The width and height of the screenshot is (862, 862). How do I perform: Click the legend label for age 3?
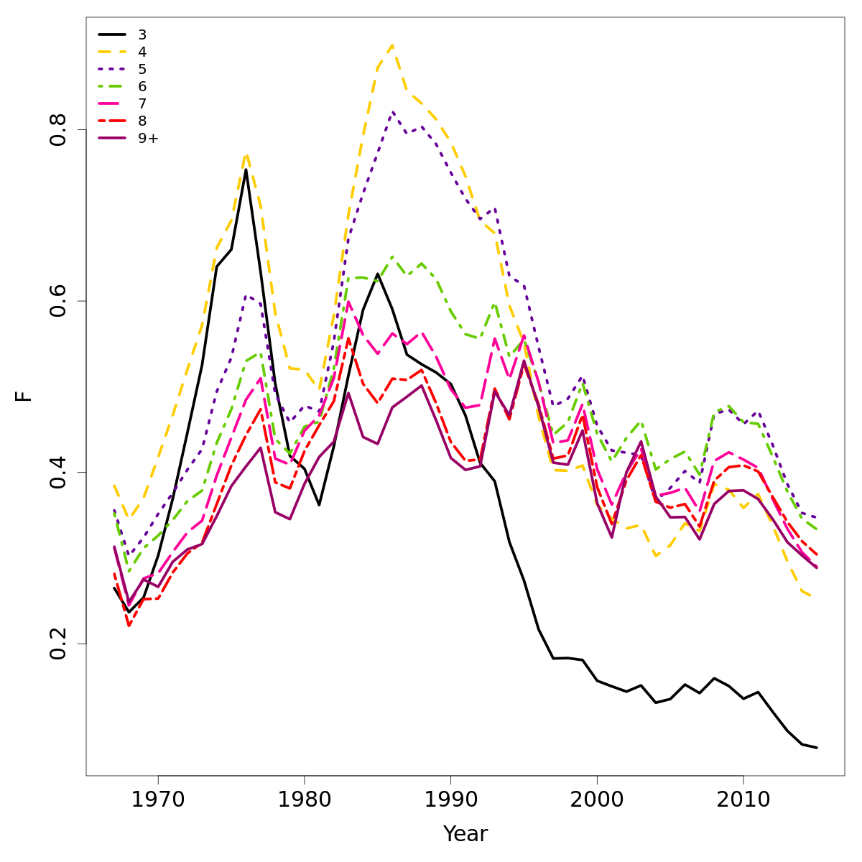(x=142, y=34)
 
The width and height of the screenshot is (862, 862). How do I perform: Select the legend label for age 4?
(x=142, y=52)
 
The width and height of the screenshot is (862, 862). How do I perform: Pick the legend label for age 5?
(x=142, y=69)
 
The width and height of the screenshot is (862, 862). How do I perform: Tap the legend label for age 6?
(x=142, y=86)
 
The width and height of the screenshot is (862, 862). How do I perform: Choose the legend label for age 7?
(x=142, y=103)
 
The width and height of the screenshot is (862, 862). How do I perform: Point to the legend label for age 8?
(x=142, y=121)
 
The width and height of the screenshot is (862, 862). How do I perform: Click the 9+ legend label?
(x=148, y=138)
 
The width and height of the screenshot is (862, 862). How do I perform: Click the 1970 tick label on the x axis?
(x=158, y=799)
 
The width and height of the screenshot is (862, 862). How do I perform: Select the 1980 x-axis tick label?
(x=304, y=799)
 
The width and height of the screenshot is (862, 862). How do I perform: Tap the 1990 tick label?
(x=450, y=799)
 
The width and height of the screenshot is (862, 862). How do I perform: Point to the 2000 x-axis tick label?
(x=596, y=799)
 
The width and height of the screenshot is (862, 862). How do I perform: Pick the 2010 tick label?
(x=743, y=799)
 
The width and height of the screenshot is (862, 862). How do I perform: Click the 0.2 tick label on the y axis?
(x=57, y=644)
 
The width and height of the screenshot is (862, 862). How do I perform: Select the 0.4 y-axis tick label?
(x=57, y=472)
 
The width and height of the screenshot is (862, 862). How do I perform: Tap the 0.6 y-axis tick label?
(x=57, y=301)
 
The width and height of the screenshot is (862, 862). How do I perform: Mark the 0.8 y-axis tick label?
(x=57, y=130)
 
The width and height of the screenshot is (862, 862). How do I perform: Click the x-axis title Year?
(x=465, y=834)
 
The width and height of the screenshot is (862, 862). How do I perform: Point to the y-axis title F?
(x=25, y=396)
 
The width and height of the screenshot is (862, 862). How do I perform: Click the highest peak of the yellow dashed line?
(x=392, y=45)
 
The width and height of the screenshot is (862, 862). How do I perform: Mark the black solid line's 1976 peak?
(x=246, y=170)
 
